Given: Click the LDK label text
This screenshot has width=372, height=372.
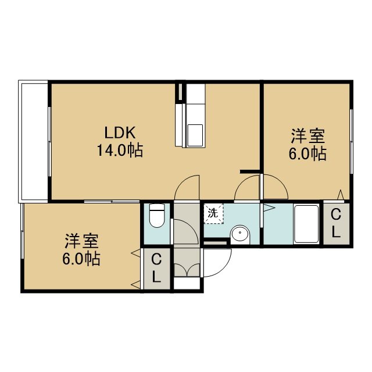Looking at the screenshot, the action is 120,133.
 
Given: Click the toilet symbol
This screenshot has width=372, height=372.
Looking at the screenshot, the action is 157,216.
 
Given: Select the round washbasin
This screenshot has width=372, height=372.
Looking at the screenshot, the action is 240,235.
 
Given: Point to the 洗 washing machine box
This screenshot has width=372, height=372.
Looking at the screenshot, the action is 214,213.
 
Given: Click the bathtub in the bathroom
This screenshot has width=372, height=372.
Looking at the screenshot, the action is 306,224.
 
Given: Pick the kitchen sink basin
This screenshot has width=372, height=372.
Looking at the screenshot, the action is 195,135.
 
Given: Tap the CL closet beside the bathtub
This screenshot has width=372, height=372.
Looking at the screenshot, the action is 336,224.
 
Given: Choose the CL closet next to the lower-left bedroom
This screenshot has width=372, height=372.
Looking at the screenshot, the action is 156,269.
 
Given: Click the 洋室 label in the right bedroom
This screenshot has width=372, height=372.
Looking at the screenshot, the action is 307,136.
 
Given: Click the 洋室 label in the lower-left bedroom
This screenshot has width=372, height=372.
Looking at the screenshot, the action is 81,241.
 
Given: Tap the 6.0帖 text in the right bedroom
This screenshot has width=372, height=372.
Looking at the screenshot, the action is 307,153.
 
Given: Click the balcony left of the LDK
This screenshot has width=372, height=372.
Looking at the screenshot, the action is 33,141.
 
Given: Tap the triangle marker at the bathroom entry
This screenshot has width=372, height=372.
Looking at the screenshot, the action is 269,208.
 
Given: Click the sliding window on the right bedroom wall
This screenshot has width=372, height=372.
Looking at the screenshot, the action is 351,141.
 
